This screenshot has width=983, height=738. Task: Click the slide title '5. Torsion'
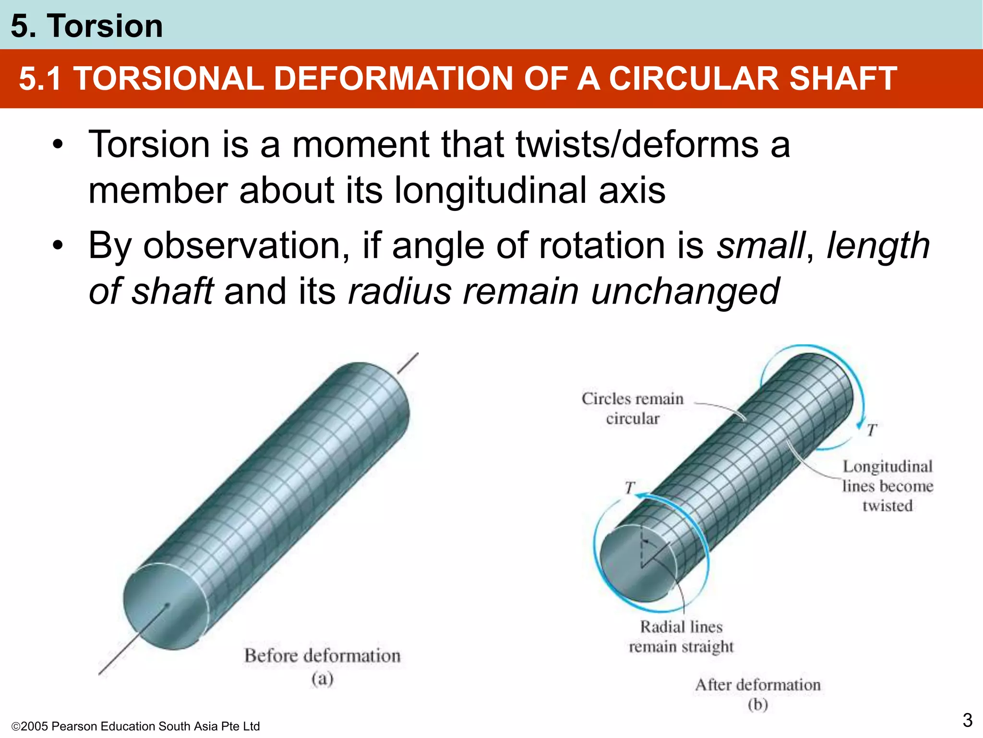click(87, 26)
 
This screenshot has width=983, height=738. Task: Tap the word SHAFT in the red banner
click(843, 78)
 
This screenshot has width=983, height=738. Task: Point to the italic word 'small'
click(760, 246)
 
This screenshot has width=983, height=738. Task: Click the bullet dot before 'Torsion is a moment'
click(58, 145)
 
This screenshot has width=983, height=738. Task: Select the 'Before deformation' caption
click(322, 656)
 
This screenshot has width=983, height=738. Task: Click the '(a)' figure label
click(322, 678)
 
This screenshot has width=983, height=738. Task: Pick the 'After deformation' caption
click(758, 685)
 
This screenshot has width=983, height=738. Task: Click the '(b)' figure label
click(758, 705)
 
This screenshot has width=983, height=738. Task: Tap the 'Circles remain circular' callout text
click(633, 408)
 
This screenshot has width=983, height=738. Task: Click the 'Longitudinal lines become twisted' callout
click(887, 486)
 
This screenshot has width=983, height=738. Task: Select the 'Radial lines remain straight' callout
click(681, 637)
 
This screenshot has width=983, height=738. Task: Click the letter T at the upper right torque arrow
click(872, 430)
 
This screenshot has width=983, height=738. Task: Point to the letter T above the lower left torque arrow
click(630, 488)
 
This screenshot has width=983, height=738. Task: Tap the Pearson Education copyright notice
click(135, 726)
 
